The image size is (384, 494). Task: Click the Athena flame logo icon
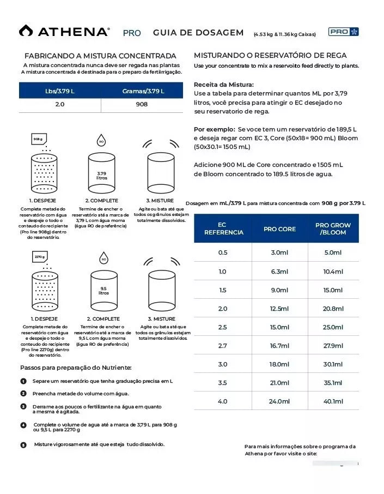coord(26,31)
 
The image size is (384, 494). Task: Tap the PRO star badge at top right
coord(343,32)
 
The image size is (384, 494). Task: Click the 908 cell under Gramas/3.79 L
coord(142,104)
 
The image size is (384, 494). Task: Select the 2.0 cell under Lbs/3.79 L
coord(60,104)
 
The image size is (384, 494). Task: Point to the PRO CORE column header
coord(279,229)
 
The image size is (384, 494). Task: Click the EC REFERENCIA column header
coord(223,229)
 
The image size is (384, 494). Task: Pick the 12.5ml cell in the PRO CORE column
coord(279,309)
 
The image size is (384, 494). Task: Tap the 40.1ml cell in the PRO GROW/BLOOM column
coord(333,401)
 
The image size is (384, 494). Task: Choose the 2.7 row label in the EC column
coord(223,346)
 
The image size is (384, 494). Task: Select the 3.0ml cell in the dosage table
coord(279,252)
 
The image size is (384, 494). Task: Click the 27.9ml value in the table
coord(333,346)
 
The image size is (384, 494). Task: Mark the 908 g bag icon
coord(38,139)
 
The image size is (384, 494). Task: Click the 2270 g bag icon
coord(40,256)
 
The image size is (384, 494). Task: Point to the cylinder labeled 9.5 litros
coord(103,292)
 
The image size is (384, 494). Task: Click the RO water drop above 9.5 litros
coord(103,259)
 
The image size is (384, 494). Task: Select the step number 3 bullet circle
coord(23,406)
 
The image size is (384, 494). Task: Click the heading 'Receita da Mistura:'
coord(224,85)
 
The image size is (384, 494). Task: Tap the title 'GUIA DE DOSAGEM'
coord(198,33)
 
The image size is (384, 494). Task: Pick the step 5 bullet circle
coord(23,445)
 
